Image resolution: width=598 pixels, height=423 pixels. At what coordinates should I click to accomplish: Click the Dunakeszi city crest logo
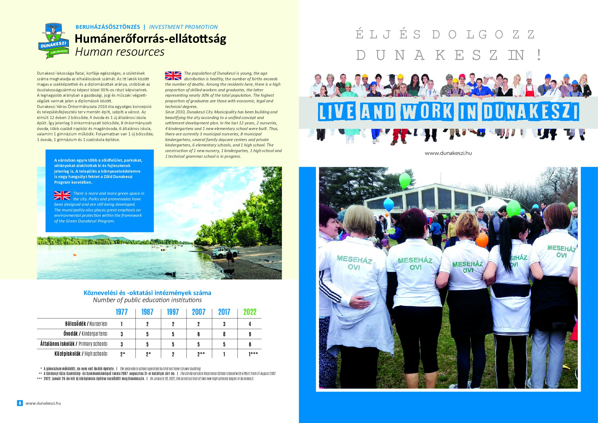coord(54,41)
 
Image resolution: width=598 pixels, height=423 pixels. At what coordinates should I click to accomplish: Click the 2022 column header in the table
coord(250,312)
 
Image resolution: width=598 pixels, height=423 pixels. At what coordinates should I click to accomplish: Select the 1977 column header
coord(121,312)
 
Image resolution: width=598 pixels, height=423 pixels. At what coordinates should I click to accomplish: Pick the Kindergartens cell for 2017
coord(224,334)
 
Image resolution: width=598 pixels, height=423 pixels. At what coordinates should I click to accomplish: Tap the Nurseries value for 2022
coord(250,324)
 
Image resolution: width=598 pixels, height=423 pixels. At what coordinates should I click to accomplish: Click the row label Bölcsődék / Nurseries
coord(86,324)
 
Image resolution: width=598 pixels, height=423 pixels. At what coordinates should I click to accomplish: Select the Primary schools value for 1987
coord(147,344)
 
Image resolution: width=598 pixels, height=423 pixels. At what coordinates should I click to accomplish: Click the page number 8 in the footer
coord(20,403)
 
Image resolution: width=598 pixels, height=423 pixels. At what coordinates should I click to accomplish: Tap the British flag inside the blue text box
coord(62,196)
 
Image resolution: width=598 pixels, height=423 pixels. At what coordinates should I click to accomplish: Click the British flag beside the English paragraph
coord(173,76)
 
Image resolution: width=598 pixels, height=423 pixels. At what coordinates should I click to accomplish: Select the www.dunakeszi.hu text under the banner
coord(448,153)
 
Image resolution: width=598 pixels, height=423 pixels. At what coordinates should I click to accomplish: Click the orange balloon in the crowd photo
coord(482,240)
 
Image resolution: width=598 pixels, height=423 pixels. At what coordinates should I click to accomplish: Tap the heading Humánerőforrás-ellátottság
coord(150,39)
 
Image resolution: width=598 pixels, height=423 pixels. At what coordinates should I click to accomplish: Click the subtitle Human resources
coord(119,52)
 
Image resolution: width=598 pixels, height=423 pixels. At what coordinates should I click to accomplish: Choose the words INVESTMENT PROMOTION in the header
coord(183,27)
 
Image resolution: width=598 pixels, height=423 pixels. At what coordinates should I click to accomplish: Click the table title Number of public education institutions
coord(147,300)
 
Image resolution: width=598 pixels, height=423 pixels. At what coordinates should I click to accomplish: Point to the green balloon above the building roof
coord(405,180)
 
